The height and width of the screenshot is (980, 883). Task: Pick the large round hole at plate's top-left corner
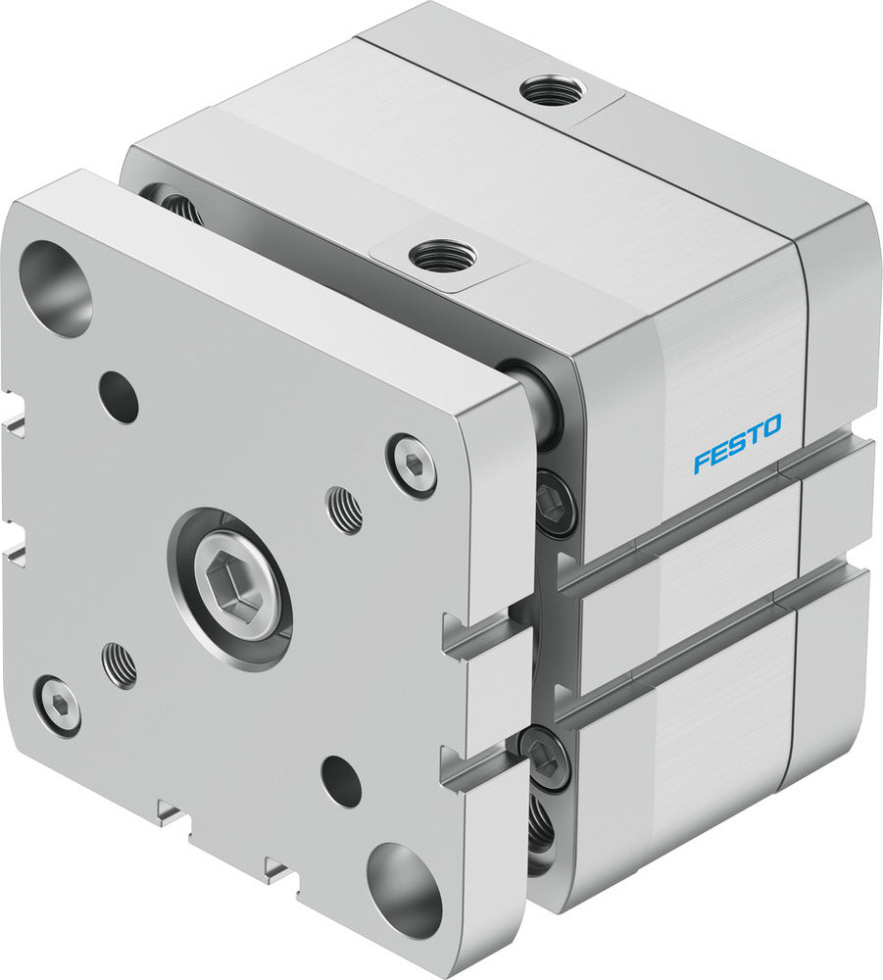(x=55, y=287)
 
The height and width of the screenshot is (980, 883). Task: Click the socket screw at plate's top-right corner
(x=411, y=465)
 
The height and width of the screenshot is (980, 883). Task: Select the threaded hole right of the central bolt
(x=344, y=511)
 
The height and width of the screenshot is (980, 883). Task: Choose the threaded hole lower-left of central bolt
(x=120, y=664)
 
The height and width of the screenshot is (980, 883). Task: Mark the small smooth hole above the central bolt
(x=119, y=397)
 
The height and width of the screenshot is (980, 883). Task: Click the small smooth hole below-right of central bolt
(x=341, y=781)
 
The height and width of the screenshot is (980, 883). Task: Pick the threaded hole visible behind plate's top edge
(x=178, y=206)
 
